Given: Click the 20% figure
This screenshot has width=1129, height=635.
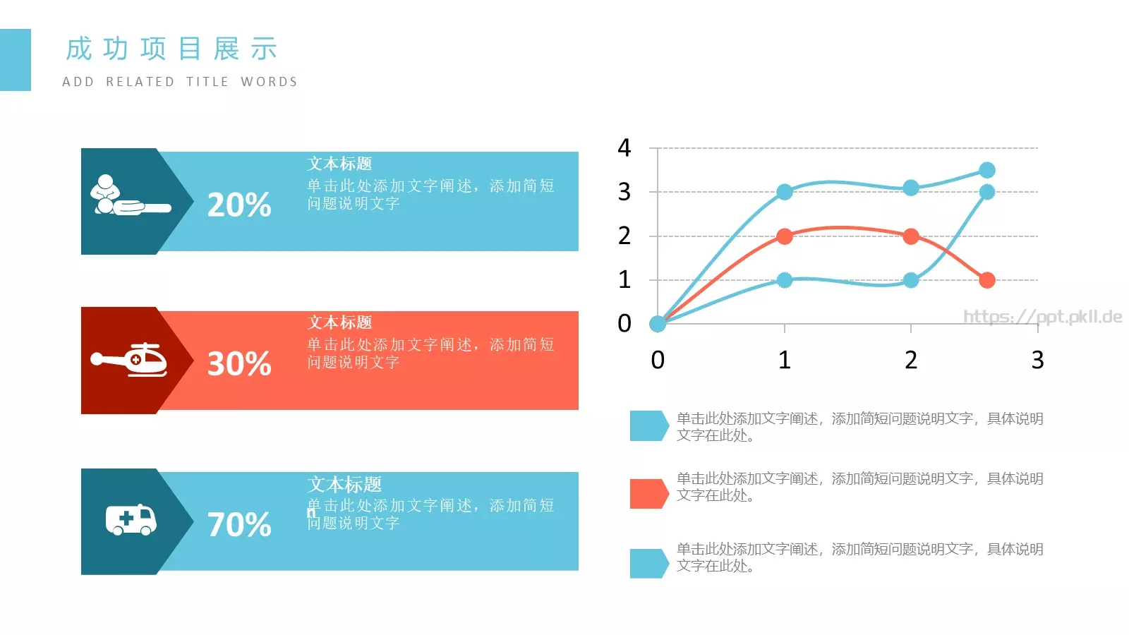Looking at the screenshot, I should [x=239, y=205].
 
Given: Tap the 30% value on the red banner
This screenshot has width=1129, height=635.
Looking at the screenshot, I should [x=239, y=364].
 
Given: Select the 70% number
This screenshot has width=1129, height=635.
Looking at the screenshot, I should [x=239, y=525].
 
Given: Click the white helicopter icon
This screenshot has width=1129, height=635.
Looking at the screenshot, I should [x=130, y=360].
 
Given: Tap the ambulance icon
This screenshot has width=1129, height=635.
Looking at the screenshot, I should [x=131, y=520].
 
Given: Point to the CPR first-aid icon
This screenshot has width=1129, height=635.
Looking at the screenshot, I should [x=127, y=196].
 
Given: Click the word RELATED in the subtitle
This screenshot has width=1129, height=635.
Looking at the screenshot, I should [x=140, y=82].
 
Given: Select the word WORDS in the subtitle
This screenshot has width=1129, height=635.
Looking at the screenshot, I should [x=269, y=82].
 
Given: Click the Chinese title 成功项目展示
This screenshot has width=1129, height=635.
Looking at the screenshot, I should [x=171, y=49].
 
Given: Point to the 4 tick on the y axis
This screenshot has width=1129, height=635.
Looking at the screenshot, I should [x=624, y=148].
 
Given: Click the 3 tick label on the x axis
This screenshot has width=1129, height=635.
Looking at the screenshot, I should [x=1037, y=361].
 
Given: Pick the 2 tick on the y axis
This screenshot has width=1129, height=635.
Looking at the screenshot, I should [x=624, y=236].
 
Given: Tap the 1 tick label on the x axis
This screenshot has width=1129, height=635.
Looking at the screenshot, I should [x=784, y=361].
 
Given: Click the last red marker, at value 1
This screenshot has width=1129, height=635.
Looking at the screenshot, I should [x=987, y=280].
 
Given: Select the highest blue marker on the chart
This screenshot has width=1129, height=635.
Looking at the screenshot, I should [x=987, y=170].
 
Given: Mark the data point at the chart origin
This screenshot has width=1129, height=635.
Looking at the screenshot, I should [x=658, y=324].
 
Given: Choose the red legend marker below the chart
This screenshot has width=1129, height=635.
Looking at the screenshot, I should [x=648, y=494].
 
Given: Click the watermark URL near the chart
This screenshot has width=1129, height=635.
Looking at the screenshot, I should [x=1042, y=317].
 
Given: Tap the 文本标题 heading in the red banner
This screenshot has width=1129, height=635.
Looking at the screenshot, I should [x=339, y=322].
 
